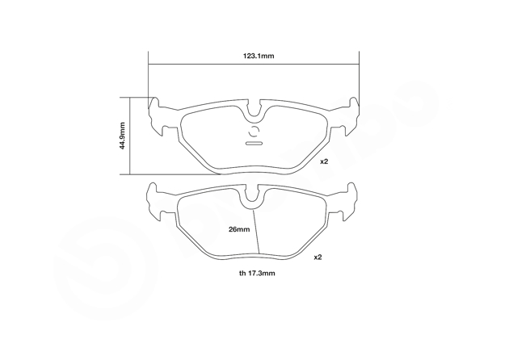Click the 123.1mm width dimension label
click(259, 56)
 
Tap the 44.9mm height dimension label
click(122, 136)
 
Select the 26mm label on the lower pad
click(239, 229)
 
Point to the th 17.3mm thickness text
click(257, 273)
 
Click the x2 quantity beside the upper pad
click(324, 161)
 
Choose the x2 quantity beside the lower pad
click(318, 257)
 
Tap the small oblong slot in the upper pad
click(254, 143)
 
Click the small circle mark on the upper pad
click(254, 132)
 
